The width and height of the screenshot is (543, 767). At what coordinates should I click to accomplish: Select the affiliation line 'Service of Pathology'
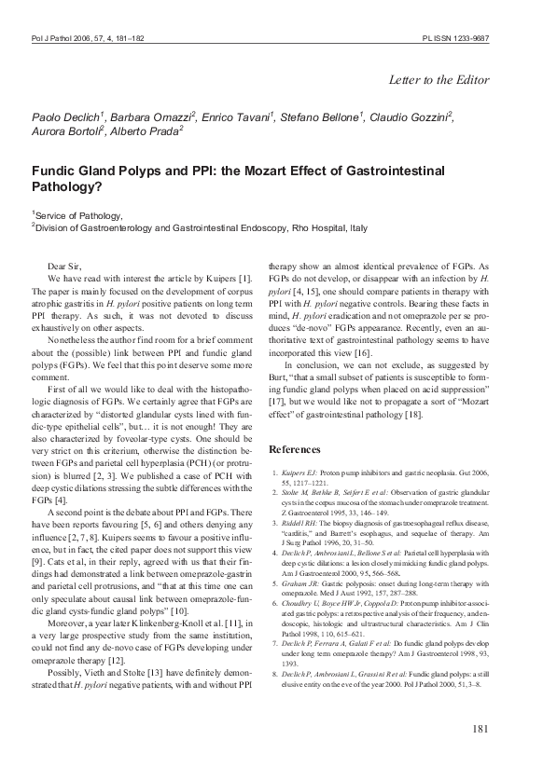(x=74, y=214)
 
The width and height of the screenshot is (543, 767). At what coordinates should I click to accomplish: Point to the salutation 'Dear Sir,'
(x=63, y=267)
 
